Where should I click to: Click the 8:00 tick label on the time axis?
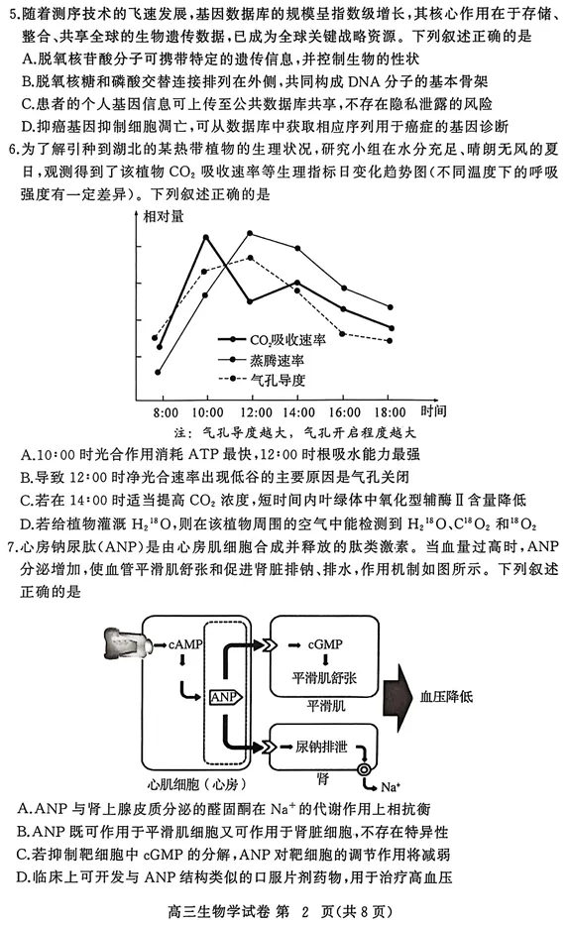tap(166, 411)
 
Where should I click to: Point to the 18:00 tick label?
tap(390, 411)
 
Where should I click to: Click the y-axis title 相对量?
tap(162, 215)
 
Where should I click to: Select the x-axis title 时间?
tap(433, 410)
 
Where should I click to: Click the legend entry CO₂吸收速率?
tap(287, 339)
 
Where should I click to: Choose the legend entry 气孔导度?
tap(277, 379)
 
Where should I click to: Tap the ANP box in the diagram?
tap(222, 697)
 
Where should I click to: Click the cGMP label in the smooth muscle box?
tap(324, 644)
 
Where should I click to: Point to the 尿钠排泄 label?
tap(327, 745)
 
